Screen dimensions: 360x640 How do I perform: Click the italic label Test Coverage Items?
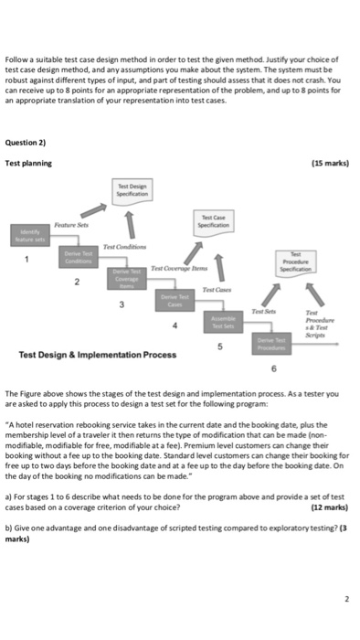pos(181,268)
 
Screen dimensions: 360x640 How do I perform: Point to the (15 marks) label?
pos(328,163)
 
